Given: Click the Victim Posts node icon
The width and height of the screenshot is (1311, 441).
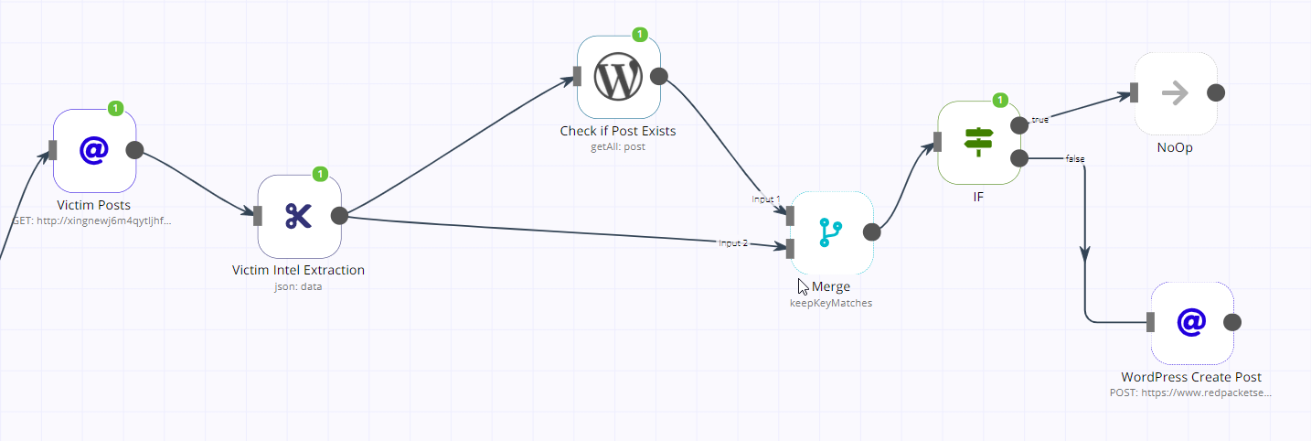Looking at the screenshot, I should point(94,151).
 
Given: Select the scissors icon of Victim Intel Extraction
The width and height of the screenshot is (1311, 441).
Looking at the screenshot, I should point(299,216).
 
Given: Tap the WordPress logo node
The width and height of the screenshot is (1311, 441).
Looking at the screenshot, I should point(618,77).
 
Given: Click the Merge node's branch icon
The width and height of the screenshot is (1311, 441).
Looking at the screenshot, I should point(831,232).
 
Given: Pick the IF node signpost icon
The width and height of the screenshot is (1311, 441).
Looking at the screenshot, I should point(979,142).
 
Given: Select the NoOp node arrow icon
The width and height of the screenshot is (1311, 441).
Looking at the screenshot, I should point(1175,93).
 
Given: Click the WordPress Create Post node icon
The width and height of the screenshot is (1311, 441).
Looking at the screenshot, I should point(1191,322).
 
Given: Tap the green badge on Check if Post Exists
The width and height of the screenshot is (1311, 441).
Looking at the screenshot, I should point(640,35).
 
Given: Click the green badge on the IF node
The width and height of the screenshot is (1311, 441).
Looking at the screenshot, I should point(1000,100).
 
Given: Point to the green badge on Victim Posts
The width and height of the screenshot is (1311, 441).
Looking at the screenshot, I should point(116,108).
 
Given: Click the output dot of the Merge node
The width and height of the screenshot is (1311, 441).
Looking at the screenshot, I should point(871,232).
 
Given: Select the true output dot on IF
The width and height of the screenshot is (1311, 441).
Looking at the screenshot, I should point(1018,125).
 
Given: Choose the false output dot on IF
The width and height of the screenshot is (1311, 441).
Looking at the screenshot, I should point(1018,158).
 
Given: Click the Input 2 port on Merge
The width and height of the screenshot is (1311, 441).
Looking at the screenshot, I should point(790,248).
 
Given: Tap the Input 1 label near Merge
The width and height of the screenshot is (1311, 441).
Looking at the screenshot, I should point(765,199).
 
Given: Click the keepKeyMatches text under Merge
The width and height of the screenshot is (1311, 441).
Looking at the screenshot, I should point(831,303).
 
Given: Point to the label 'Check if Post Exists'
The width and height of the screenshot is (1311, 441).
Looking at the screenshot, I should point(618,131).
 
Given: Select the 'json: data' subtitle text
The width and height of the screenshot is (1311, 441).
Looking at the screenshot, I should point(298,285).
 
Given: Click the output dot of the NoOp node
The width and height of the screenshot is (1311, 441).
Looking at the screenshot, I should point(1215,93).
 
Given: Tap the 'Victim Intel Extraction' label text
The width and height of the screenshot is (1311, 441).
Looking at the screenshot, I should point(299,270).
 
